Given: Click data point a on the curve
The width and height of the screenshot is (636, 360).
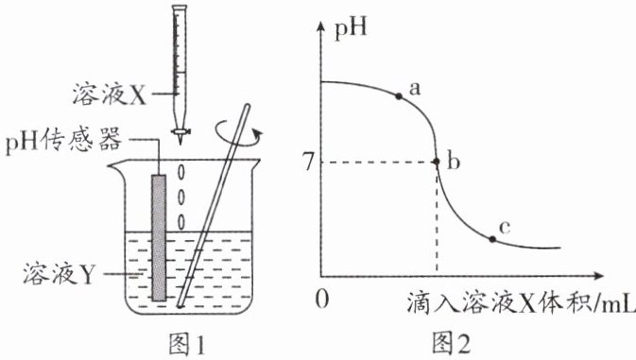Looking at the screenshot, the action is coord(399,96).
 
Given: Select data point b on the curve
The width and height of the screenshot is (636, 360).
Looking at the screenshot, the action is coord(437,162).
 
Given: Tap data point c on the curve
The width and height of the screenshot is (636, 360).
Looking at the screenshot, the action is coord(492,239).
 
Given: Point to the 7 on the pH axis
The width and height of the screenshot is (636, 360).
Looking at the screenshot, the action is coord(309,163).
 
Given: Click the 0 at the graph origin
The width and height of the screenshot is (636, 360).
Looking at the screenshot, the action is coord(321,300).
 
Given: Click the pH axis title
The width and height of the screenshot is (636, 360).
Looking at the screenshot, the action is coord(351,28).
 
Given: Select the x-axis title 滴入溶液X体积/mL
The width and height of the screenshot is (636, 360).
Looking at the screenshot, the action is coord(521,302).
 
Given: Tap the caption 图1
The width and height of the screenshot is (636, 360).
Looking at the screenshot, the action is coord(186,344).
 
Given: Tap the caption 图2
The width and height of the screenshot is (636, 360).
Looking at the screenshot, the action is coord(451,344).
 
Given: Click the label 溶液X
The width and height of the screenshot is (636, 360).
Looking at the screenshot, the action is coord(110,94).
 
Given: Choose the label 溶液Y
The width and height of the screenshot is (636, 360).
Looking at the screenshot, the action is coord(59,273).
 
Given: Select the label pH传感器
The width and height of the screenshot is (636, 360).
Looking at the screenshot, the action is coord(63,140).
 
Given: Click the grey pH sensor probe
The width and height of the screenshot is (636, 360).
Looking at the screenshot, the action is coord(159,237).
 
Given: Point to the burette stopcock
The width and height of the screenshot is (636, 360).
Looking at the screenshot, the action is coord(180,131).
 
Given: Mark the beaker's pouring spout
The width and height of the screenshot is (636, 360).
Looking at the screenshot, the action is coord(114,165).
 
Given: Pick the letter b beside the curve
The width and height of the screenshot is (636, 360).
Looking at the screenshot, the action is coord(454,162).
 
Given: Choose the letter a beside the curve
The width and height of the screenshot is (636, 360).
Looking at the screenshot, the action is coord(415,89).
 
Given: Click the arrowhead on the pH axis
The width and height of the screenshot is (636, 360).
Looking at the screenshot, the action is coord(320,26).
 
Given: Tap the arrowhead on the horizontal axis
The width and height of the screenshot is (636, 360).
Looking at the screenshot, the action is coord(597,276).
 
